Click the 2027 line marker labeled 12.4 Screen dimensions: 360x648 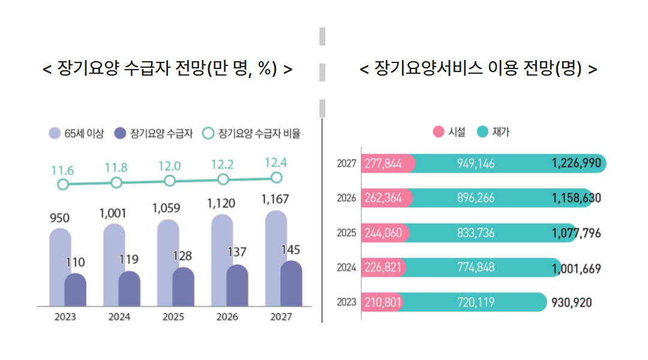[x=276, y=177]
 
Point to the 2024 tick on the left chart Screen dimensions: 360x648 [x=119, y=317]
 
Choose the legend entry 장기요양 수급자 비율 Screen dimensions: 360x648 [x=251, y=134]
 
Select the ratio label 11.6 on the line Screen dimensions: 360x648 [x=62, y=170]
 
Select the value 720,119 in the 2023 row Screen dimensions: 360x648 [x=476, y=302]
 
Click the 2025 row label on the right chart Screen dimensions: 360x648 [x=346, y=233]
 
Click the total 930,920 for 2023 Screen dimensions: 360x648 [x=571, y=302]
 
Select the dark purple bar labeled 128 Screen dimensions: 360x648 [x=183, y=287]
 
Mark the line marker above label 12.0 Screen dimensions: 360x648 [x=170, y=181]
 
